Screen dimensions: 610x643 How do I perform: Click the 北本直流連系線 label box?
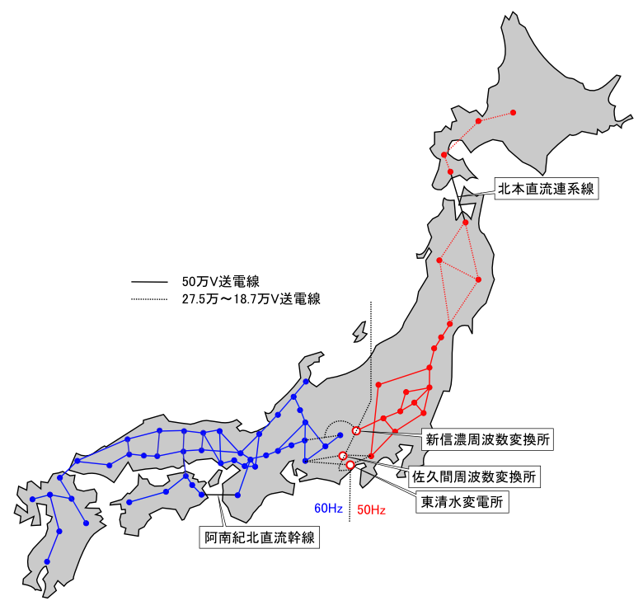pyautogui.click(x=545, y=189)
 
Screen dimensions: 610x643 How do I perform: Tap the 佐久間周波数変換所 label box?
pyautogui.click(x=475, y=476)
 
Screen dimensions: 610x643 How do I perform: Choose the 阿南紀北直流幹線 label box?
pyautogui.click(x=261, y=538)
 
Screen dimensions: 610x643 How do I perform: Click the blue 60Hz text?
pyautogui.click(x=327, y=509)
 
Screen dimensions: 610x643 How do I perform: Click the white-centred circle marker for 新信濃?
pyautogui.click(x=356, y=430)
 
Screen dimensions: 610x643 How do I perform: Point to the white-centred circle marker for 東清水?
pyautogui.click(x=350, y=466)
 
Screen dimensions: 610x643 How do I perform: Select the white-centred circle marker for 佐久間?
pyautogui.click(x=343, y=456)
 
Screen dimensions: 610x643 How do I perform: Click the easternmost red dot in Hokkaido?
pyautogui.click(x=512, y=112)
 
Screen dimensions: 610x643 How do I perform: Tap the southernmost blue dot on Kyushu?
pyautogui.click(x=47, y=562)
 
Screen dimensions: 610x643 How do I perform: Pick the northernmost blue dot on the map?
pyautogui.click(x=306, y=382)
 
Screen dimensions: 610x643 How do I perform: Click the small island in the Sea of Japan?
pyautogui.click(x=359, y=331)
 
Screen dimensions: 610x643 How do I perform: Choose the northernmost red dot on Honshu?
pyautogui.click(x=466, y=223)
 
